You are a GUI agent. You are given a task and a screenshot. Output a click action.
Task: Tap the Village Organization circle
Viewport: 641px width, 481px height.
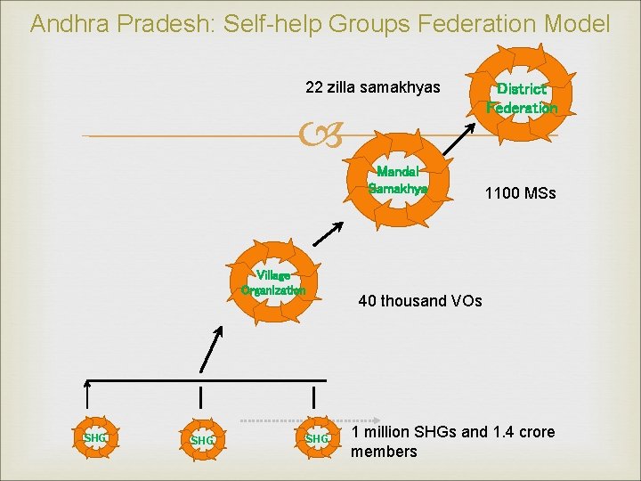point(273,281)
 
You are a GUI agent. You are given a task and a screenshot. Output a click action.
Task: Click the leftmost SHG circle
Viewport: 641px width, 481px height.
point(93,438)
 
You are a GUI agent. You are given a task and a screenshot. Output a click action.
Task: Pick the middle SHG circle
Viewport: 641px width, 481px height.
point(201,440)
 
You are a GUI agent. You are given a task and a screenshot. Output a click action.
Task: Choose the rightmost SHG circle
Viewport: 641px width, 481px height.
point(317,438)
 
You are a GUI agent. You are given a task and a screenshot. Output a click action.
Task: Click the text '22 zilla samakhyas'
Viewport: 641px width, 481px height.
point(372,87)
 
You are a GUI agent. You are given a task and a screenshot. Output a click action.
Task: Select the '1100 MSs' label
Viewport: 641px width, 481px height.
point(520,192)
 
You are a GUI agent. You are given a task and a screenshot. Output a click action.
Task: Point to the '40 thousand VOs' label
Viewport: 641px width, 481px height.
point(419,301)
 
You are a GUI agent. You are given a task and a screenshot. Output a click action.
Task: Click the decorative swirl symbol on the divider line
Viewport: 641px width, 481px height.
point(320,136)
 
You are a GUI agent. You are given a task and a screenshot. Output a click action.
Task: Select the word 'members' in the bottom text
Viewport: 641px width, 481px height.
point(384,452)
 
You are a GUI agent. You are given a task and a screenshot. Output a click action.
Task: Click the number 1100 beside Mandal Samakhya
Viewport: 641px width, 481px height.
point(502,192)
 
